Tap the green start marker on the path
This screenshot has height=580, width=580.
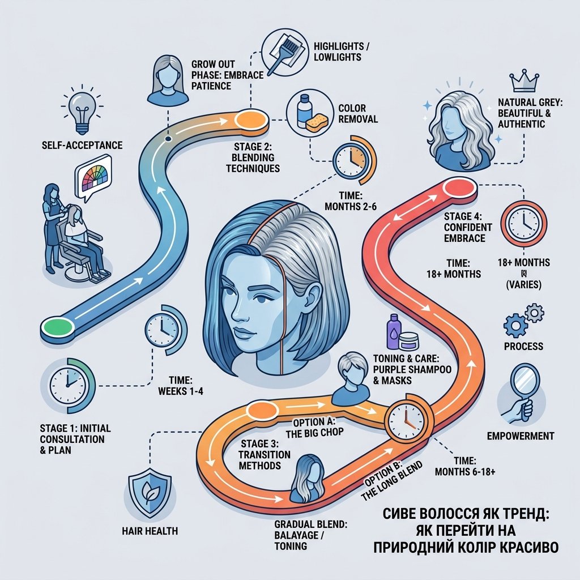coord(57,327)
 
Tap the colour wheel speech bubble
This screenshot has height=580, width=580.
coord(93,177)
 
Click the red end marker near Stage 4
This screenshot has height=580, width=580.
coord(459,187)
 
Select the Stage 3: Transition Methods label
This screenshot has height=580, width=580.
coord(264,454)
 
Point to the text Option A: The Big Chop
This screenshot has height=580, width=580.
coord(314,427)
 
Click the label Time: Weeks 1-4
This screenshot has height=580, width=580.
coord(181,385)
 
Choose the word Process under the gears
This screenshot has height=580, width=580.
coord(523,346)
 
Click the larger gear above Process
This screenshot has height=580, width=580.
coord(515,326)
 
